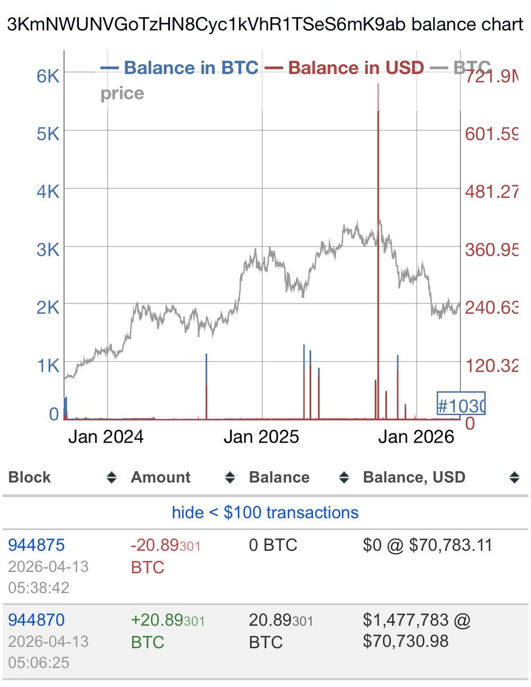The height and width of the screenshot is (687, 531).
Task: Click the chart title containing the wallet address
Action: (x=265, y=25)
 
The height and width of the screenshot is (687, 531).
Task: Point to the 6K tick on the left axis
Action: (x=48, y=76)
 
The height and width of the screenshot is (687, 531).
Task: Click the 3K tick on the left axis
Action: (x=48, y=250)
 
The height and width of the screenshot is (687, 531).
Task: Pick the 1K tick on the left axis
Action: (x=48, y=366)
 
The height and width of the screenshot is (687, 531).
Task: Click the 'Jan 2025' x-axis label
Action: (x=261, y=437)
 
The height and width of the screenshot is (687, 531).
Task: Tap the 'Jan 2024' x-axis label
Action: (x=106, y=437)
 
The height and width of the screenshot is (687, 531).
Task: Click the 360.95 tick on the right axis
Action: (x=491, y=250)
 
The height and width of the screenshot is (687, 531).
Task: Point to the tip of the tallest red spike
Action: (x=378, y=84)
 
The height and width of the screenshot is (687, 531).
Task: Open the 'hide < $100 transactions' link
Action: (x=265, y=512)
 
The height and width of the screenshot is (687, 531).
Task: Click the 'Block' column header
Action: (x=30, y=477)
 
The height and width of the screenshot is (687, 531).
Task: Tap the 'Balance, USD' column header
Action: (x=414, y=477)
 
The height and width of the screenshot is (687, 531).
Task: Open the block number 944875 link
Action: (x=36, y=544)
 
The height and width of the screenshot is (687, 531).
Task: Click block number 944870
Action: (x=36, y=619)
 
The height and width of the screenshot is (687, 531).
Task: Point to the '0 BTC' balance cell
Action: (x=273, y=544)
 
